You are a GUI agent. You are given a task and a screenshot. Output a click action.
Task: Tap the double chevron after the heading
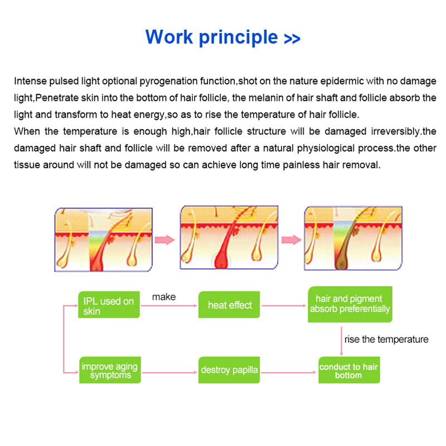[x=292, y=39]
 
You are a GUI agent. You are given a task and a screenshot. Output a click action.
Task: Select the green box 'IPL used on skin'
[x=109, y=306]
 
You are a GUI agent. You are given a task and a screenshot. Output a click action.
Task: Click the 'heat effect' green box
[x=230, y=305]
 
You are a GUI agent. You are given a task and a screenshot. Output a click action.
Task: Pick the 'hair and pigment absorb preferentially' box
[x=350, y=304]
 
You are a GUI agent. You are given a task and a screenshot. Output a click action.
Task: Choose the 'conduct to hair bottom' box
[x=348, y=371]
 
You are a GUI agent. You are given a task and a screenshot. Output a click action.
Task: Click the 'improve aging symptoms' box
[x=109, y=371]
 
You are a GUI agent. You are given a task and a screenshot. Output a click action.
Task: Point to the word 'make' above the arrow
[x=163, y=297]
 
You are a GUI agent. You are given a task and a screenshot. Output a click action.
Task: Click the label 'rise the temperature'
[x=386, y=339]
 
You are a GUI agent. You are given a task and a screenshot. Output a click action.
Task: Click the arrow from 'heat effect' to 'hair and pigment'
[x=284, y=306]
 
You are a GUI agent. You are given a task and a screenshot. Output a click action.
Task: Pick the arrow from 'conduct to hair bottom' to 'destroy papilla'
[x=289, y=370]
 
